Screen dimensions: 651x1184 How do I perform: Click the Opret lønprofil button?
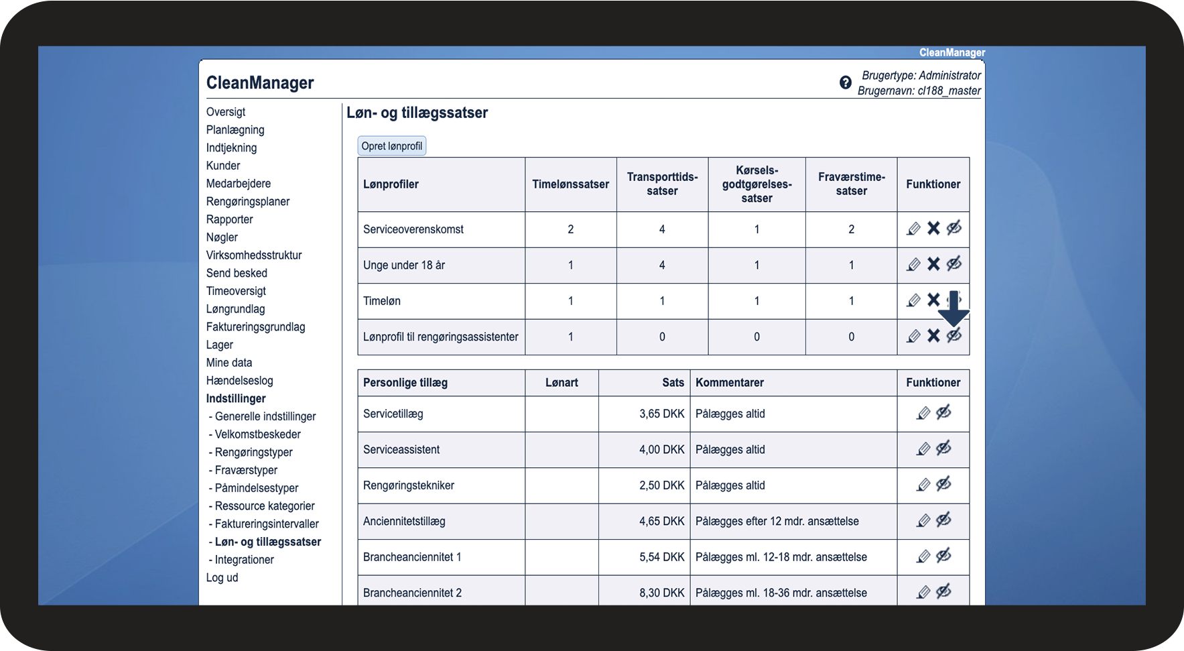pos(392,146)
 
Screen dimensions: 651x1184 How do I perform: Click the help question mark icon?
pos(846,82)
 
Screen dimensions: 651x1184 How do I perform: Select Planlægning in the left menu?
pos(235,130)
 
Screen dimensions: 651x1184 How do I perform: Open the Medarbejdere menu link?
pos(239,184)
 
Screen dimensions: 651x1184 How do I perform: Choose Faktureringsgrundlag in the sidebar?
pos(255,327)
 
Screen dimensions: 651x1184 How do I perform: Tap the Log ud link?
pos(222,578)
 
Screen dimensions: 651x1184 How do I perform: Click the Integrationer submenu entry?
pos(244,560)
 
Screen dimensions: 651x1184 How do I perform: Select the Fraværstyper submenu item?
pos(246,471)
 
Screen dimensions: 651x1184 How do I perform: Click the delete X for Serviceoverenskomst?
pos(933,229)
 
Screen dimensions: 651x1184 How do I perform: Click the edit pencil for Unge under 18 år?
pos(913,265)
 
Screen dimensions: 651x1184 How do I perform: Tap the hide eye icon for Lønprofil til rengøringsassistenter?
pos(954,336)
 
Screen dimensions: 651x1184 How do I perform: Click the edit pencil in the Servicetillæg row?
pos(923,414)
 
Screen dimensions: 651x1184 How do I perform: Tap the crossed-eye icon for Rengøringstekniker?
pos(943,484)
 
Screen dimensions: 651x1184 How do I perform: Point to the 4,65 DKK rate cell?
pos(661,522)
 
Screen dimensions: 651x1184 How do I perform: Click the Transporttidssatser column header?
pos(662,184)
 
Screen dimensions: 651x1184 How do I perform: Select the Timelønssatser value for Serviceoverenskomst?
pos(570,229)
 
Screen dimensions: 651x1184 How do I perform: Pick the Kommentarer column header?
pos(730,383)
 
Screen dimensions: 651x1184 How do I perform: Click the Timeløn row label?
pos(382,301)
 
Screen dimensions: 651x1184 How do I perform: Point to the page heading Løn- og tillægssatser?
pos(417,113)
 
